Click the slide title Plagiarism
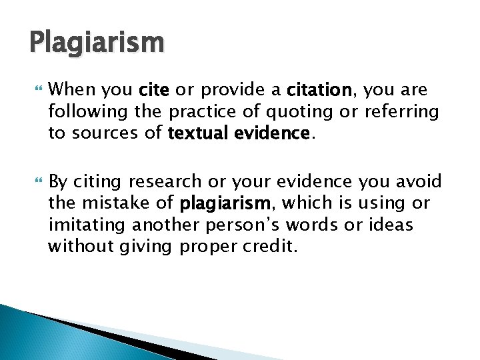point(97,43)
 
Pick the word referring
point(403,111)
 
